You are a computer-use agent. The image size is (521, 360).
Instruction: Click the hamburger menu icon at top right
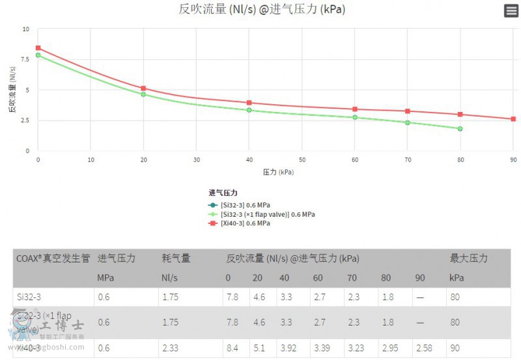coord(511,10)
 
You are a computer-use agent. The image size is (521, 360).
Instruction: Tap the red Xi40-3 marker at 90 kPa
coord(513,119)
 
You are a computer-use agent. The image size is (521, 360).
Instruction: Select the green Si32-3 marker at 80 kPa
coord(460,129)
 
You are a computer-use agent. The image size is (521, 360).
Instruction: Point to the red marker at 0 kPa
coord(38,48)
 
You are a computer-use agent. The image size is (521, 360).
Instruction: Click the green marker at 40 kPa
coord(249,110)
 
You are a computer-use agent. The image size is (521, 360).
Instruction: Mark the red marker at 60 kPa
coord(355,109)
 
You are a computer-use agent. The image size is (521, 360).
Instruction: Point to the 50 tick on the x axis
coord(302,159)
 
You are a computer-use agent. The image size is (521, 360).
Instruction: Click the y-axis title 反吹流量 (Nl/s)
coord(12,90)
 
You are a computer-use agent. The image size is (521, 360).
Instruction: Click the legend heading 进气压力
coord(223,193)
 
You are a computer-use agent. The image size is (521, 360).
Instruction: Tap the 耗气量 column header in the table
coord(176,258)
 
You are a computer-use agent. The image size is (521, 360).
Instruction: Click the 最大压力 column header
coord(468,258)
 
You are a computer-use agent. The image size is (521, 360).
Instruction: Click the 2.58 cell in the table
coord(423,348)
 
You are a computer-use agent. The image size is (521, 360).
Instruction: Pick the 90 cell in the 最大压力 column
coord(455,348)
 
